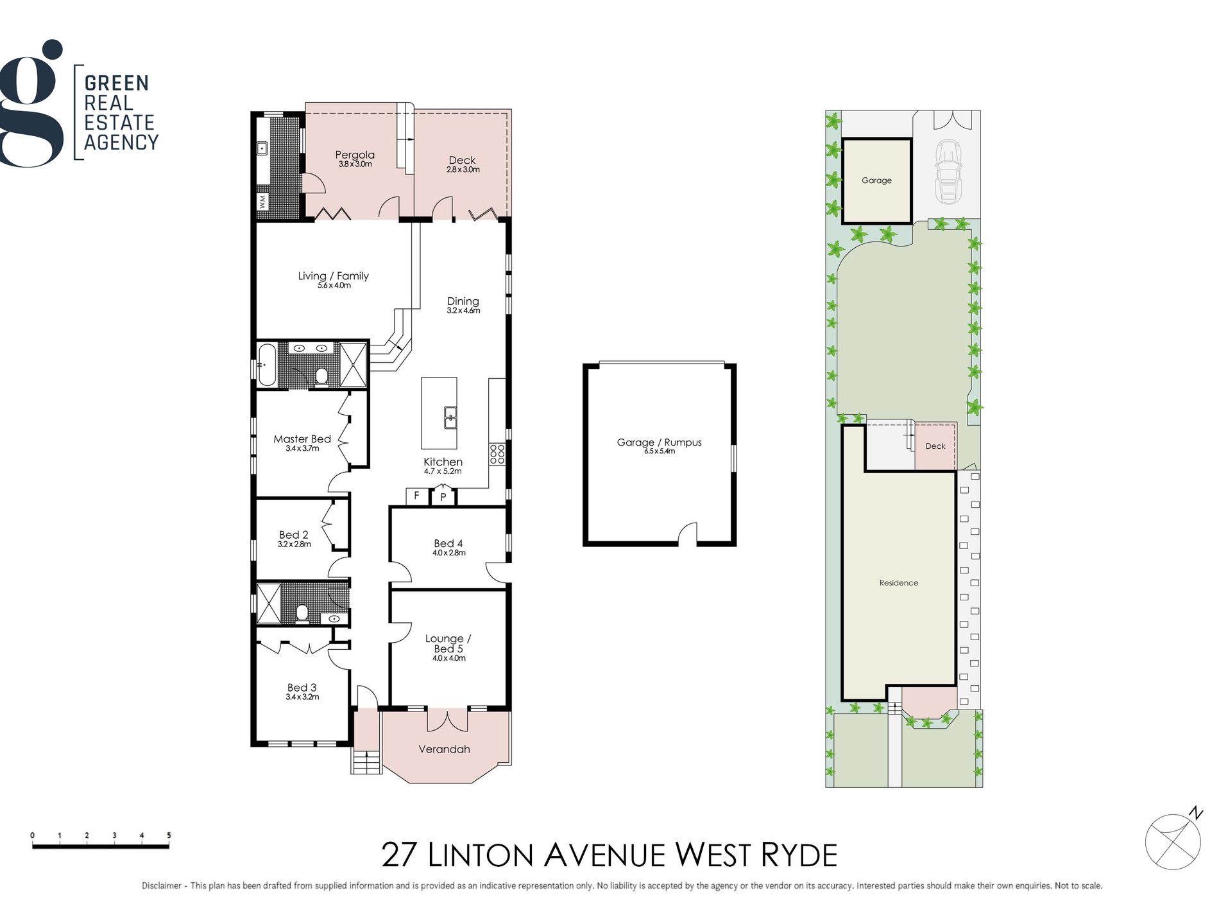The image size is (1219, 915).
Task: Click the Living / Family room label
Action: (333, 275)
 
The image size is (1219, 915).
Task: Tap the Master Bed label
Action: (302, 439)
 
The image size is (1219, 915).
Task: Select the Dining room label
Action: (463, 301)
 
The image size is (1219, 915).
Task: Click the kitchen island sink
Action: (450, 417)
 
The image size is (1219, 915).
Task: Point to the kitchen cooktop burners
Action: (497, 453)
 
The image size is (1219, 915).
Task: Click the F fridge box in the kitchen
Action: (416, 496)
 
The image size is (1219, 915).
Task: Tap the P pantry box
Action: (443, 497)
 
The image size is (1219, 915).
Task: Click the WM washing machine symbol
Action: (262, 202)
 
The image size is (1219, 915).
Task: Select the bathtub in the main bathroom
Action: (266, 365)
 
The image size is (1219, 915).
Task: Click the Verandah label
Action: (444, 749)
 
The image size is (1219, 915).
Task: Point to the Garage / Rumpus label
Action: (659, 442)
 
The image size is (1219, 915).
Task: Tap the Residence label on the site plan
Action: (898, 583)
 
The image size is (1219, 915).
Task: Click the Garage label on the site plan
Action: (876, 180)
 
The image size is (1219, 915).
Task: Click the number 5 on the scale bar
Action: (169, 835)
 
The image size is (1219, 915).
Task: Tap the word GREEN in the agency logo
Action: (117, 83)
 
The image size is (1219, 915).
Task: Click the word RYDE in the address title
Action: (799, 855)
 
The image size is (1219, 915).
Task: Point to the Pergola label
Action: (355, 155)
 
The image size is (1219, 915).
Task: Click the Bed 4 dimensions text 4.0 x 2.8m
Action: (449, 553)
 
